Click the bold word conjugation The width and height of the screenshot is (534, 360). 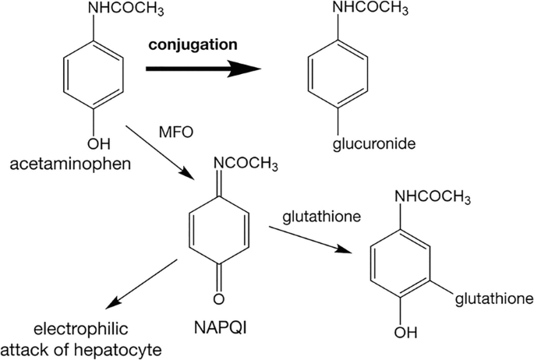click(193, 45)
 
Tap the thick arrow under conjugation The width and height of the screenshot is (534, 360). click(203, 69)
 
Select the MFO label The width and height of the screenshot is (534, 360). click(176, 132)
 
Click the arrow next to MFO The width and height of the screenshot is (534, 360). click(160, 153)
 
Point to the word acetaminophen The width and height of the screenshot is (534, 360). click(70, 164)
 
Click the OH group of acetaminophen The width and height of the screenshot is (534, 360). click(99, 144)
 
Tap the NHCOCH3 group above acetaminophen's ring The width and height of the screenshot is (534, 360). click(126, 9)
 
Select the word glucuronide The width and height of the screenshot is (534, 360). click(374, 144)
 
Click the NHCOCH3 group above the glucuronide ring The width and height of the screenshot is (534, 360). click(370, 9)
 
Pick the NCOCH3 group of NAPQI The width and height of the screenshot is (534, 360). click(246, 164)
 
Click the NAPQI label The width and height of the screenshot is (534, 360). click(220, 328)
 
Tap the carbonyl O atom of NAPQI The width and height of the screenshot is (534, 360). click(218, 298)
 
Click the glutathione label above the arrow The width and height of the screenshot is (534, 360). click(321, 217)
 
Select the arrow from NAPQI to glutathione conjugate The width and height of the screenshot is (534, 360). click(310, 239)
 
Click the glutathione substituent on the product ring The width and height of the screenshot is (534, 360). click(494, 299)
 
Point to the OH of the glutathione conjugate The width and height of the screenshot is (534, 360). click(405, 333)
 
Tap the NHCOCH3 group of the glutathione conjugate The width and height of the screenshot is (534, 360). click(433, 197)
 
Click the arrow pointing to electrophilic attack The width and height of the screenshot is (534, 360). click(141, 284)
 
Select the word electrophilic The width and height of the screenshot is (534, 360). click(81, 329)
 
